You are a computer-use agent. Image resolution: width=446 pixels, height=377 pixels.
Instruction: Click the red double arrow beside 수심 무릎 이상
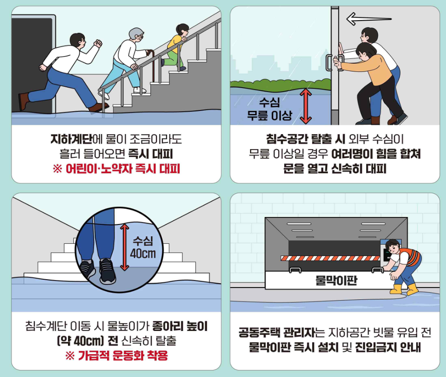point(306,106)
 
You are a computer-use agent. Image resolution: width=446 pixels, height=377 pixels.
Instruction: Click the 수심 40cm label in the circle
point(143,248)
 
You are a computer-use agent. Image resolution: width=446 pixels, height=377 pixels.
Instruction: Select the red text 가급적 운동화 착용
point(116,356)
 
